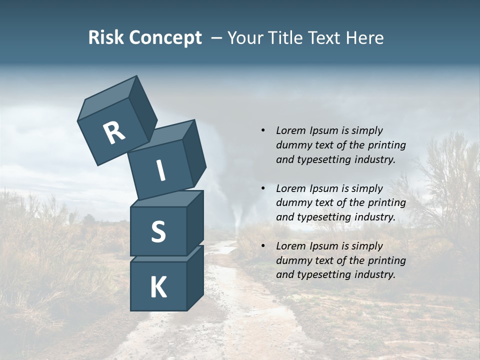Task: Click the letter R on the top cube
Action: click(114, 133)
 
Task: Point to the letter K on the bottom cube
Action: click(158, 287)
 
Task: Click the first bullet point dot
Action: click(263, 130)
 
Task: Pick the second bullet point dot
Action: click(263, 188)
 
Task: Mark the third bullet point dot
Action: click(263, 246)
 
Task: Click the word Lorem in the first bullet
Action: click(289, 130)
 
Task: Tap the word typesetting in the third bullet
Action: click(320, 274)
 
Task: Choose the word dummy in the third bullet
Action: click(293, 260)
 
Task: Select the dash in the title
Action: click(217, 38)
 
